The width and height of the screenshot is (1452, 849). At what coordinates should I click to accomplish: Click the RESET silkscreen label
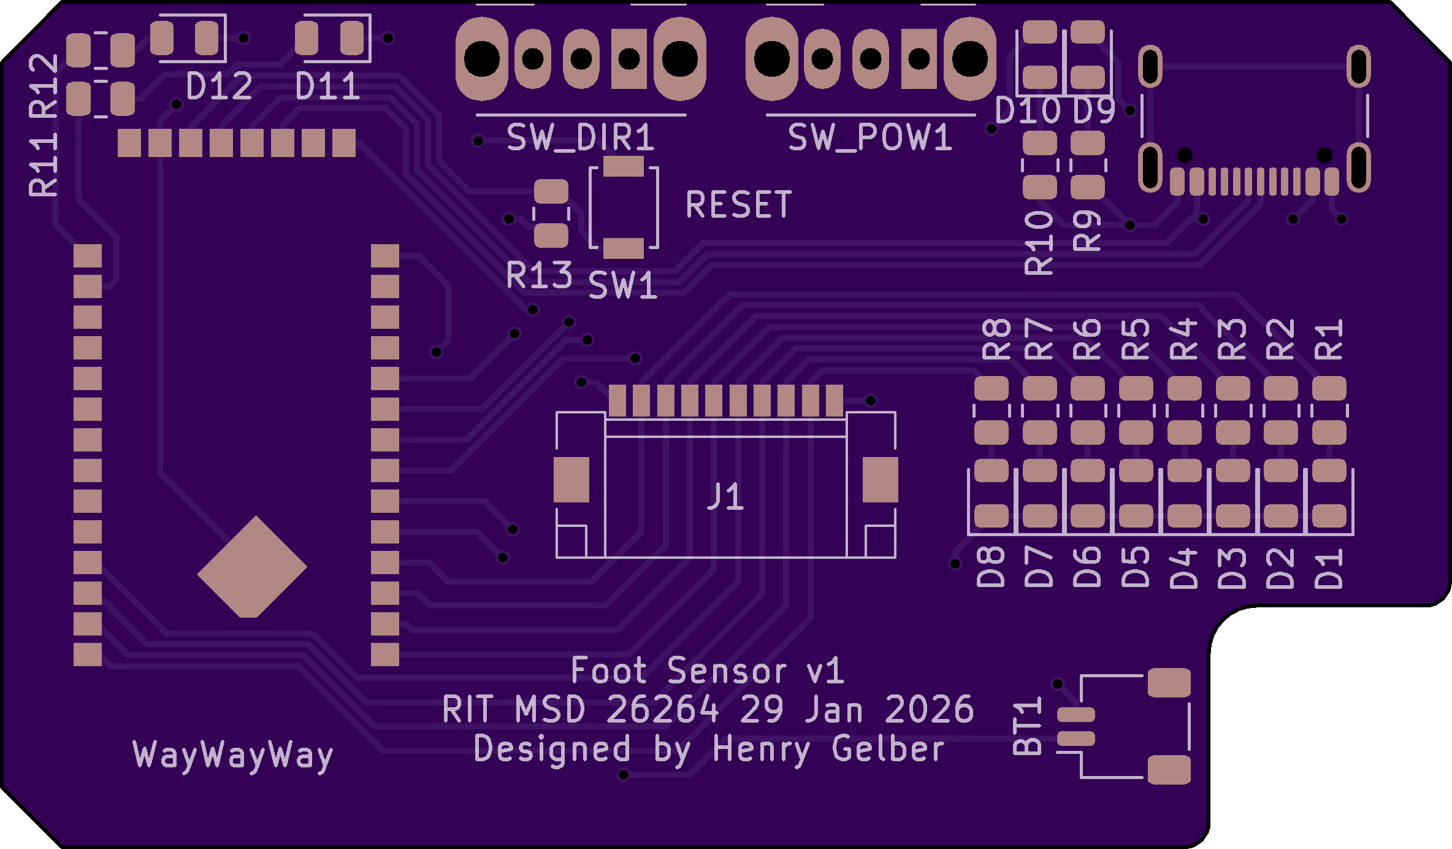point(738,204)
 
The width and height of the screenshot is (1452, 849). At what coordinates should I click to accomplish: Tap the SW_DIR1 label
point(580,137)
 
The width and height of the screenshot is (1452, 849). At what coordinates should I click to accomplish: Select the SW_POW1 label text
point(869,137)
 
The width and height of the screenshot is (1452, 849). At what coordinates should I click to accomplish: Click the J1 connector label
point(725,497)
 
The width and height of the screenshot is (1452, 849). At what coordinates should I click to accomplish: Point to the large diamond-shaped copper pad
point(252,567)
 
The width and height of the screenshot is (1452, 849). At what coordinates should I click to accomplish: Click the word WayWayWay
point(233,755)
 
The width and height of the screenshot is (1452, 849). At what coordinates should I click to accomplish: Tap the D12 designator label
point(219,86)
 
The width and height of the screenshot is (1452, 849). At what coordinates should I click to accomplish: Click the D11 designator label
point(327,86)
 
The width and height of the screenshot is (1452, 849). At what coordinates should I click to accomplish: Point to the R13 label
point(539,275)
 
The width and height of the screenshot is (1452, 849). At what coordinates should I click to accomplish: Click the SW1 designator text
point(622,286)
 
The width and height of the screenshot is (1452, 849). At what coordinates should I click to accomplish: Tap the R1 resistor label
point(1329,339)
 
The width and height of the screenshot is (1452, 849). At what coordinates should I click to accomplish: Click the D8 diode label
point(991,567)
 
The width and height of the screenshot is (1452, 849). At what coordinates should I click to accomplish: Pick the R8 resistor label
point(996,339)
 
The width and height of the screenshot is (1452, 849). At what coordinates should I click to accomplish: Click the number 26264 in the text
point(662,710)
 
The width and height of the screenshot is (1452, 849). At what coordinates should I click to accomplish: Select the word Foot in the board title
point(608,670)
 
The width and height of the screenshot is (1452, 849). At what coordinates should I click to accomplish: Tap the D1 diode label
point(1329,569)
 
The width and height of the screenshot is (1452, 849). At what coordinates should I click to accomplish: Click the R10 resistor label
point(1039,243)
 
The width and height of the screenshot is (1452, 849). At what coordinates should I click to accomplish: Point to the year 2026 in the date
point(929,710)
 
